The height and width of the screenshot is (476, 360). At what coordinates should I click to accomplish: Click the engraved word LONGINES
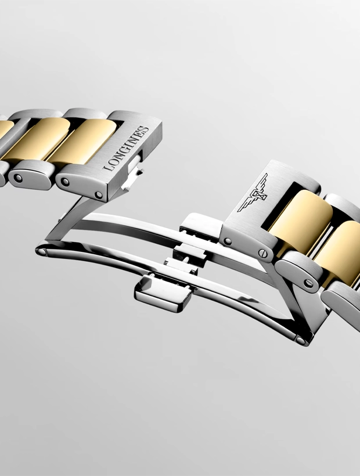126,148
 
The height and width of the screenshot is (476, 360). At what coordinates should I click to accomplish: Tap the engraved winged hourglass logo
253,193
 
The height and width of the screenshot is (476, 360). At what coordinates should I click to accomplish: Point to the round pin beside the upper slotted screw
227,242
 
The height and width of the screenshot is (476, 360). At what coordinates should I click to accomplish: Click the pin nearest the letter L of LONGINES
98,195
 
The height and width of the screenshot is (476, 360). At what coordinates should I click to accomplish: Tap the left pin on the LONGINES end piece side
65,182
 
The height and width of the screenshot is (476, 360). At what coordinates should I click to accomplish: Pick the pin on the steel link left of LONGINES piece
18,178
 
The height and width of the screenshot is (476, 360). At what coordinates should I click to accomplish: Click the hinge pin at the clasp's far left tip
42,252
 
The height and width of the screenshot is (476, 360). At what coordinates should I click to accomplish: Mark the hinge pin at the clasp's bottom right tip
301,341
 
